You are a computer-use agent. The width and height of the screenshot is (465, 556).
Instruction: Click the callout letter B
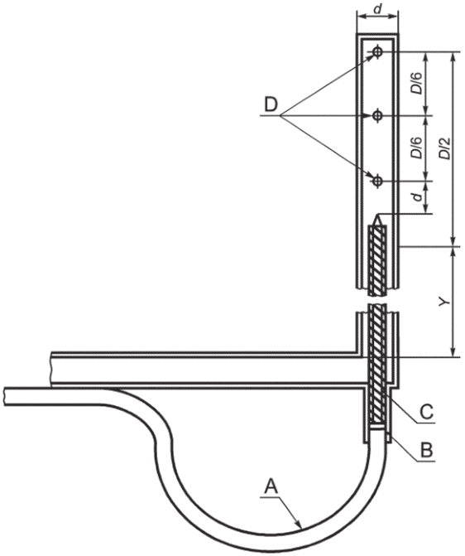click(426, 450)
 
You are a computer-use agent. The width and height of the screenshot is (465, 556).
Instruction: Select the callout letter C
click(426, 413)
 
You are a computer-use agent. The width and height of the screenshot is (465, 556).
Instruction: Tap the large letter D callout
click(271, 105)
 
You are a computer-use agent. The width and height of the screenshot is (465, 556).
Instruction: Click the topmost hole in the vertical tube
click(377, 52)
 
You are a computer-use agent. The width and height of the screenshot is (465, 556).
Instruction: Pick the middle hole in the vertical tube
click(377, 116)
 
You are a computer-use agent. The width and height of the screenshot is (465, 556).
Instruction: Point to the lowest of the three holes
click(377, 181)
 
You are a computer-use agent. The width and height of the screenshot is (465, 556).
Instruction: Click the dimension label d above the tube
click(378, 9)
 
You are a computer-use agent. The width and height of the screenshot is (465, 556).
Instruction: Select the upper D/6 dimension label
click(417, 84)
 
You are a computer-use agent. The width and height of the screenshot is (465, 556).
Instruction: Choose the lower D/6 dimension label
click(417, 147)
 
